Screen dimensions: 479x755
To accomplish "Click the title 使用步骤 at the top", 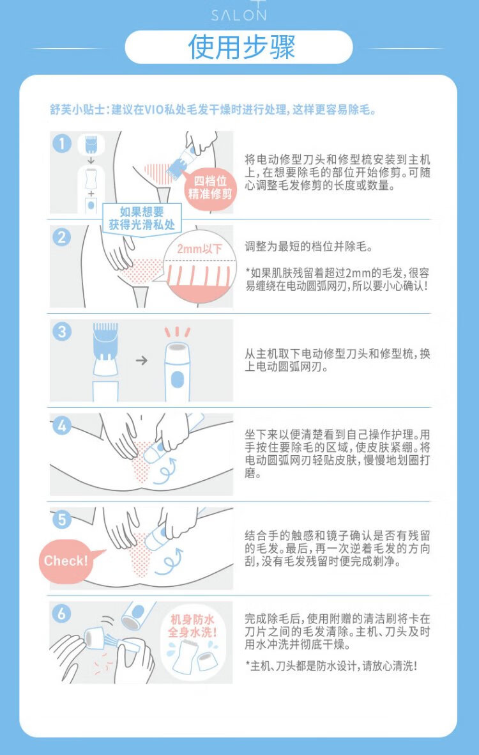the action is pyautogui.click(x=241, y=47).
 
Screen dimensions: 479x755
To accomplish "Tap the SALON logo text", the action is pyautogui.click(x=238, y=15).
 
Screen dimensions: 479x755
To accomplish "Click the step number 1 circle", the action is pyautogui.click(x=61, y=143).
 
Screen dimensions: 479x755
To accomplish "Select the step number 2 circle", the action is pyautogui.click(x=61, y=237).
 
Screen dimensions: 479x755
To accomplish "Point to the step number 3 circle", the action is pyautogui.click(x=61, y=331).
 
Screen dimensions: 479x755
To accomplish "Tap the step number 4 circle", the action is pyautogui.click(x=61, y=425).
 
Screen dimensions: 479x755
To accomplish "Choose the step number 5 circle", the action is pyautogui.click(x=61, y=519).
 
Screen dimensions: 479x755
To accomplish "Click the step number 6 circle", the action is pyautogui.click(x=61, y=614).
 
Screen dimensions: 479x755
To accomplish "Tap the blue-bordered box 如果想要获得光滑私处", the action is pyautogui.click(x=142, y=217).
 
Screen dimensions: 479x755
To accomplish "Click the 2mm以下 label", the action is pyautogui.click(x=199, y=249).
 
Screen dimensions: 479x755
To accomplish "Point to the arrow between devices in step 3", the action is pyautogui.click(x=141, y=360).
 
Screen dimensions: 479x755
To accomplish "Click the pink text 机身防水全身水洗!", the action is pyautogui.click(x=192, y=625).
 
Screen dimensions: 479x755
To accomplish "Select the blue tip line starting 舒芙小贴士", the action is pyautogui.click(x=213, y=110).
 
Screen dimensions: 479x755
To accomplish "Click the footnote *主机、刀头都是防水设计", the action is pyautogui.click(x=331, y=666).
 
